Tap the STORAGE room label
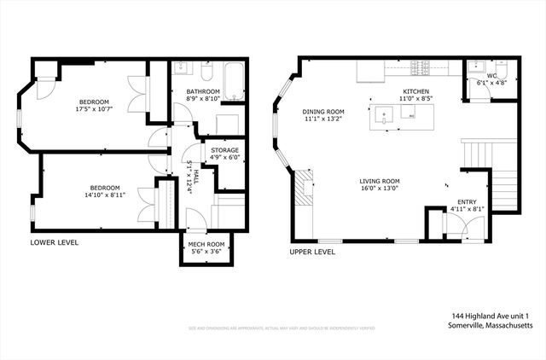(x=225, y=150)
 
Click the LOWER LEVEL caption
(x=55, y=242)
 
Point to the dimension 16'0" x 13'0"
(x=380, y=189)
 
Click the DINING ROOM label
(x=323, y=111)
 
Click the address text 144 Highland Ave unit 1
(x=491, y=316)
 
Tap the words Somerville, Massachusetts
(x=491, y=326)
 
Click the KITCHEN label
(x=416, y=91)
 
